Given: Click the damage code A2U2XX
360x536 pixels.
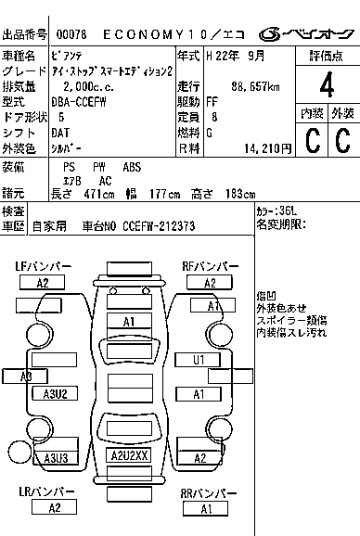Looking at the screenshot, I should click(x=129, y=456).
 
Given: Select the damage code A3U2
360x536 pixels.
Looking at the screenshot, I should click(x=57, y=394).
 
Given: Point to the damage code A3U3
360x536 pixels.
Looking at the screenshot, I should click(x=56, y=458).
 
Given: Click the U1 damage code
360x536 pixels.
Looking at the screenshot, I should click(x=199, y=360).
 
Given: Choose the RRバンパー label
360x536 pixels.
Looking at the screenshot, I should click(x=206, y=492).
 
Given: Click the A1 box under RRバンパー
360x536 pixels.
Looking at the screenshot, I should click(x=206, y=509).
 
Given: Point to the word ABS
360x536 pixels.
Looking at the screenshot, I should click(x=134, y=166).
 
